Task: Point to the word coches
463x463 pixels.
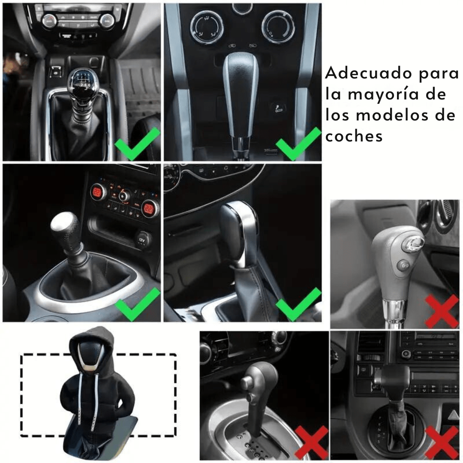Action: click(x=354, y=136)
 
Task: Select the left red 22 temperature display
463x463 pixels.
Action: click(x=96, y=192)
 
